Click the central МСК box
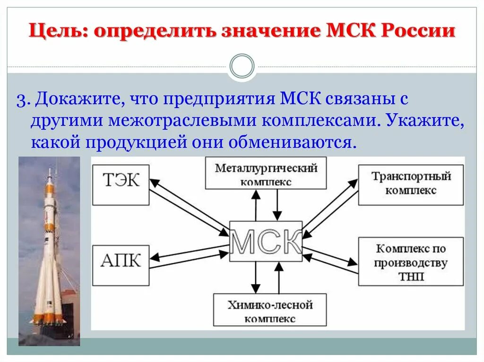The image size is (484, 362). point(266,241)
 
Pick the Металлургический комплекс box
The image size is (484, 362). point(266,174)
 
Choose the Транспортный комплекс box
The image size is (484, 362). point(410,184)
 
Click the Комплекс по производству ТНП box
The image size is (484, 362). point(410,261)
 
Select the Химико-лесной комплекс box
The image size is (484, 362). point(270,311)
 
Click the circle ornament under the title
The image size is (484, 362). point(242,66)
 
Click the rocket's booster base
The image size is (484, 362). point(47,321)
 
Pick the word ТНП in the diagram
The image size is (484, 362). point(410,276)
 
